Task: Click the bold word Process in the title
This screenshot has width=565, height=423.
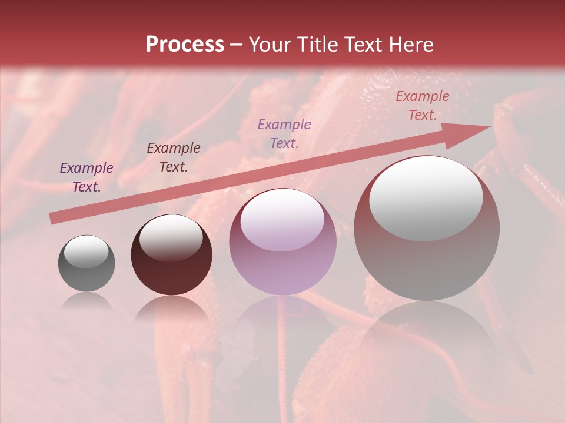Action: (185, 45)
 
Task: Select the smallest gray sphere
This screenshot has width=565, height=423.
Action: (87, 263)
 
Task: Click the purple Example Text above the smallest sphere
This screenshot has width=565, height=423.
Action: (87, 177)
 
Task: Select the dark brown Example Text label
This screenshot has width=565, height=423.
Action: (174, 157)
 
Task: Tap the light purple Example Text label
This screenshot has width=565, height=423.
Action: (284, 133)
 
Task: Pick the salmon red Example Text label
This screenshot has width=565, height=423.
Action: (422, 106)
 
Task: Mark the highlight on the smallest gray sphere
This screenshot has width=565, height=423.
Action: (86, 251)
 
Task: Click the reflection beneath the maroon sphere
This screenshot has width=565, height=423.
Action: (171, 308)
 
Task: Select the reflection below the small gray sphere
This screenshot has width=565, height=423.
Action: (87, 301)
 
